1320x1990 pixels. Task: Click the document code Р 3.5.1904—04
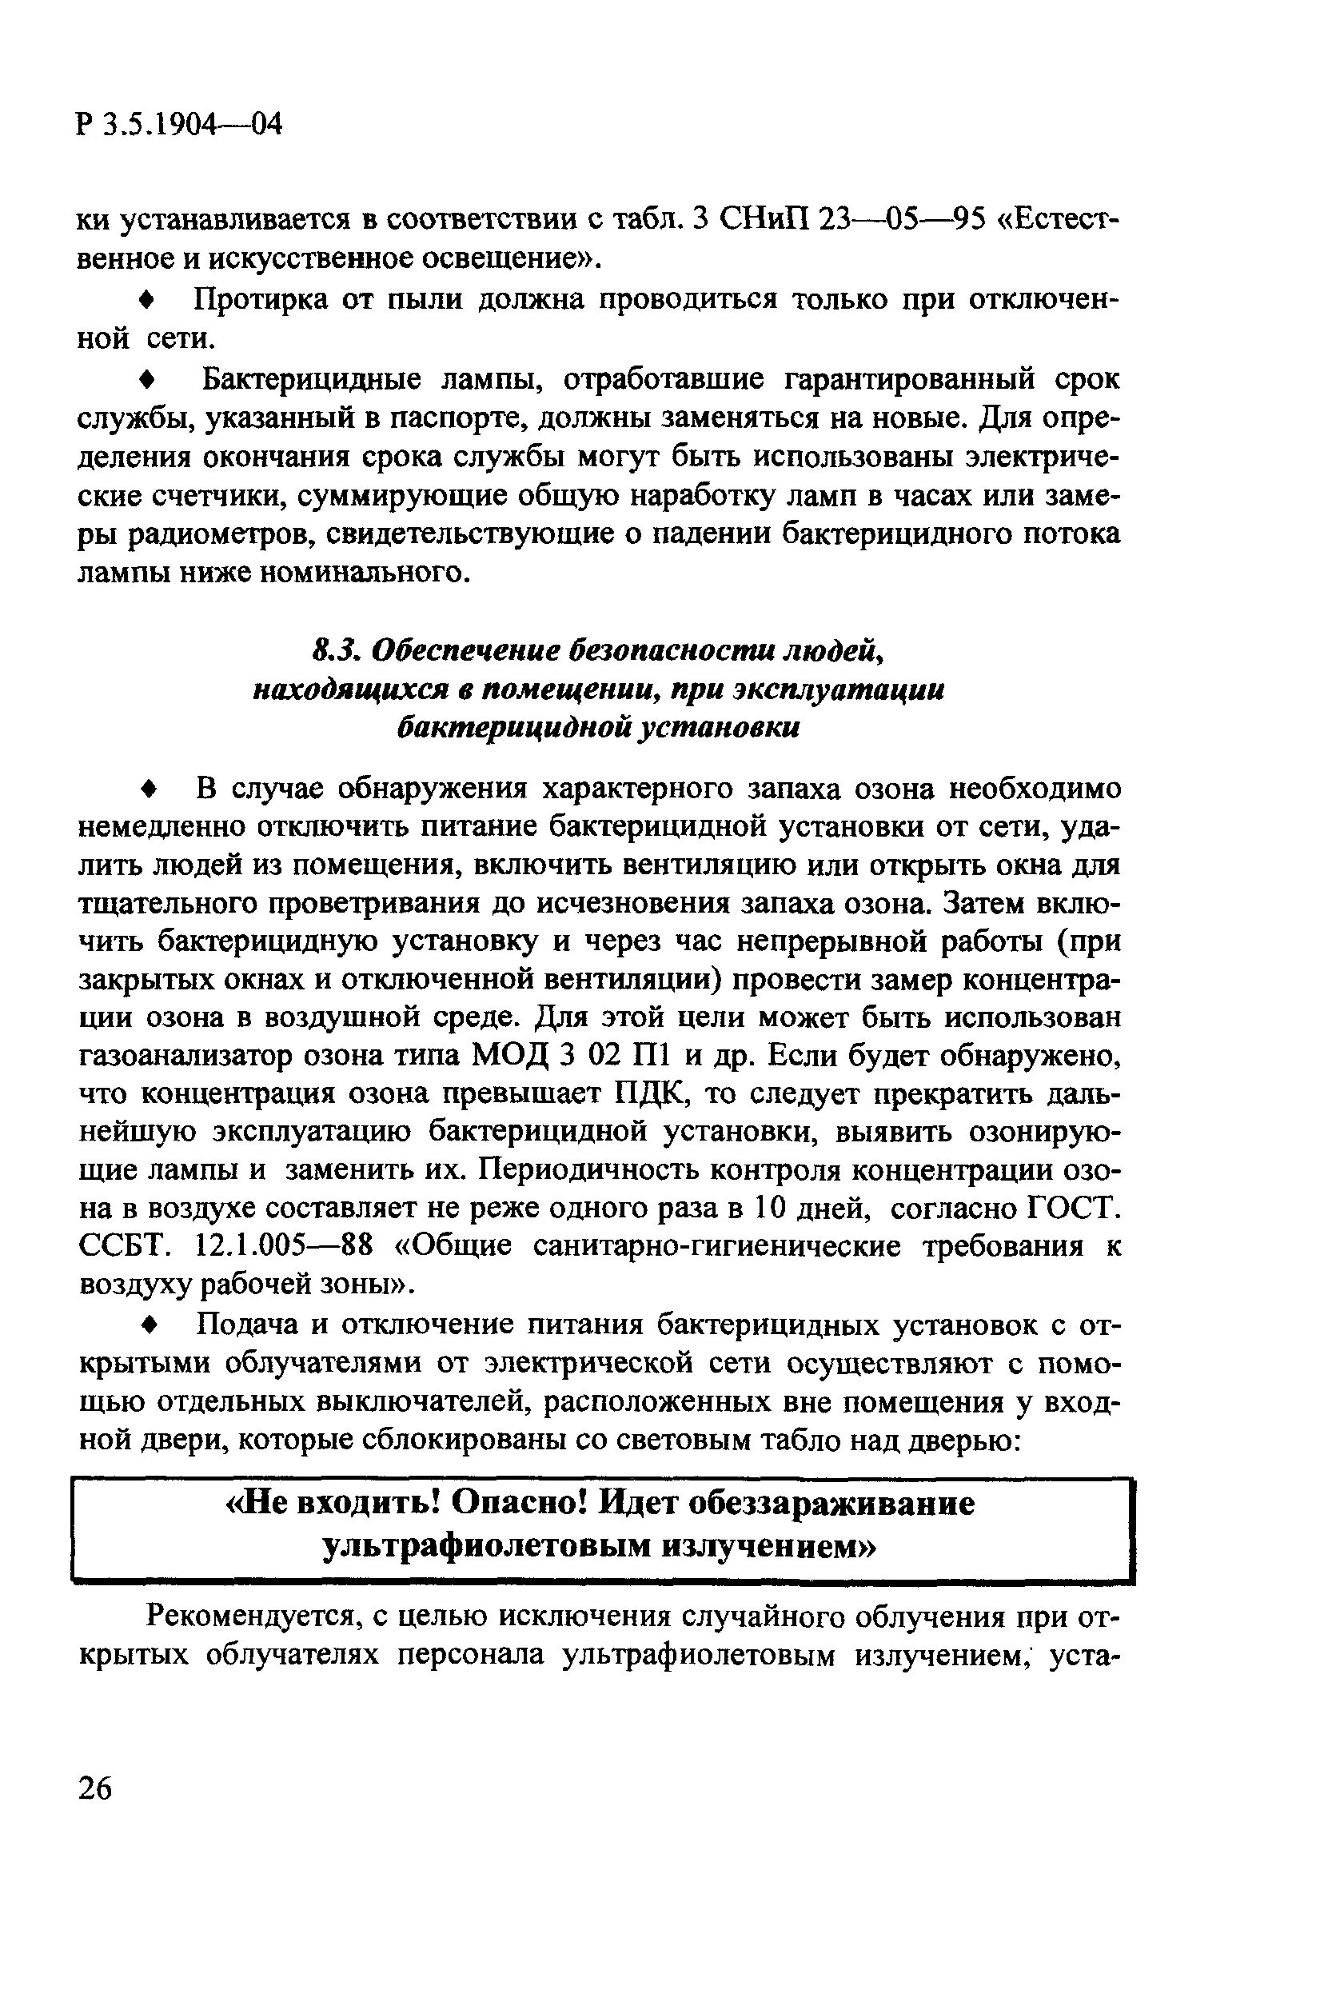(x=178, y=125)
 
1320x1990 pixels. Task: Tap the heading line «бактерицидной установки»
(x=597, y=728)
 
